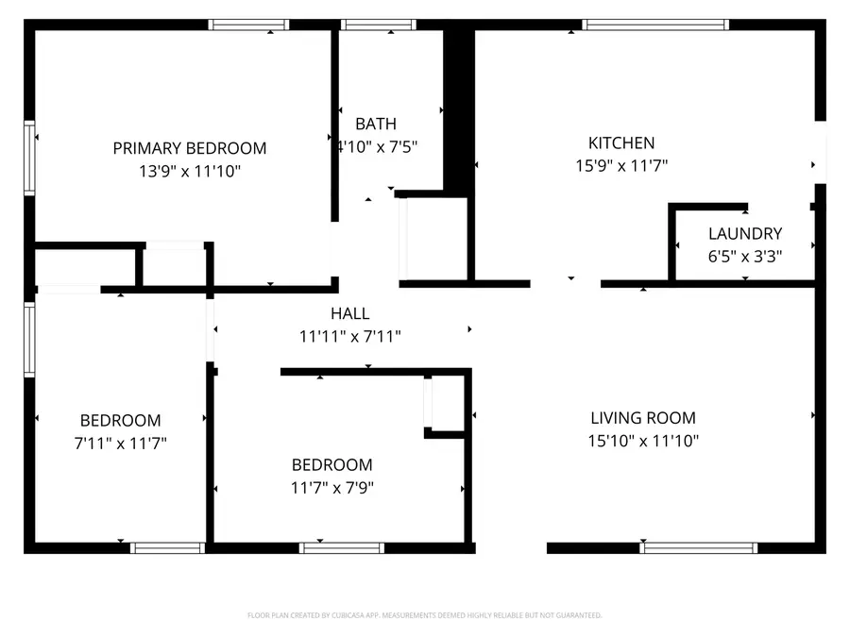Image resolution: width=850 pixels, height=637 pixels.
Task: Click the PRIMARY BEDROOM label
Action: pyautogui.click(x=189, y=148)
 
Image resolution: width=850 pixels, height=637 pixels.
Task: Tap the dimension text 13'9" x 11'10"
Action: pyautogui.click(x=189, y=172)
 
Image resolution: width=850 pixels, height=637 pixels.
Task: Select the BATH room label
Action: pyautogui.click(x=376, y=124)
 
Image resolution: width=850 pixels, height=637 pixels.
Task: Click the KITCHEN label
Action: pyautogui.click(x=620, y=143)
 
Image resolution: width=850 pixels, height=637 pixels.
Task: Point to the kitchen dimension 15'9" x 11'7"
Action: pyautogui.click(x=620, y=166)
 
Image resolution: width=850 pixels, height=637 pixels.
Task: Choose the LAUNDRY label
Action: pyautogui.click(x=745, y=234)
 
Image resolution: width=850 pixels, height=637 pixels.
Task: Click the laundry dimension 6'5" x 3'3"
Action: pyautogui.click(x=745, y=256)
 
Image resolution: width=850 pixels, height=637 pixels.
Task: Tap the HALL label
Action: pyautogui.click(x=349, y=313)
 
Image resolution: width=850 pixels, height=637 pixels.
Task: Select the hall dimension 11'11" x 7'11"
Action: pyautogui.click(x=349, y=336)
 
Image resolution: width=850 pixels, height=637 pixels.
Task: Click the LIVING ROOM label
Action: pyautogui.click(x=642, y=418)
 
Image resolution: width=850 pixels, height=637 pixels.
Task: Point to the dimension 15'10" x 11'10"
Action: pyautogui.click(x=642, y=441)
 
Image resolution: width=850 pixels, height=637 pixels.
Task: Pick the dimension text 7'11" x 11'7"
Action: pyautogui.click(x=120, y=443)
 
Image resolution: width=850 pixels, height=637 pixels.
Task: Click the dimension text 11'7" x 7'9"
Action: pyautogui.click(x=331, y=488)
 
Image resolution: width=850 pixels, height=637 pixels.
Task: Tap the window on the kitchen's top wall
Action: pyautogui.click(x=655, y=25)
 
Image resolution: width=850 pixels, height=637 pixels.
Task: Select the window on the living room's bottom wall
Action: pyautogui.click(x=699, y=547)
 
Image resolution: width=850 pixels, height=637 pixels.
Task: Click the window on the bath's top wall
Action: pyautogui.click(x=378, y=25)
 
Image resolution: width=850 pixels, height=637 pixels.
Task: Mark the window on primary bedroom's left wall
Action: pyautogui.click(x=29, y=158)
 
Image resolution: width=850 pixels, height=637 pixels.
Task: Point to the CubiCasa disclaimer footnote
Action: pyautogui.click(x=424, y=615)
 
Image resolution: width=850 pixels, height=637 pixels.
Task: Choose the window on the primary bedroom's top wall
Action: pyautogui.click(x=249, y=25)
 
